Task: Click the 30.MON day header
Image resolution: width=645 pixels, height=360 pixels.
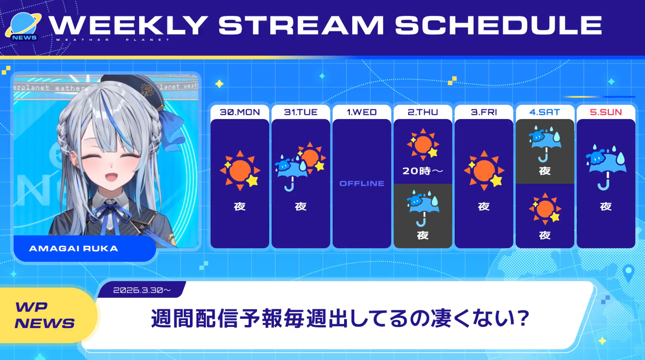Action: point(240,112)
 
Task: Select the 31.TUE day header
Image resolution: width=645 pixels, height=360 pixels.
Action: point(301,112)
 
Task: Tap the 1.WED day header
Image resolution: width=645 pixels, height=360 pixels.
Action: point(362,112)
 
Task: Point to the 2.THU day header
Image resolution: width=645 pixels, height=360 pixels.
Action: point(423,112)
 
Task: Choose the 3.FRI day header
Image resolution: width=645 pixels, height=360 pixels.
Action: point(484,112)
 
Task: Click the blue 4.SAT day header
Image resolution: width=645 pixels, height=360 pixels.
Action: point(544,112)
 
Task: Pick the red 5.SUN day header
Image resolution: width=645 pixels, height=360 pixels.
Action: point(606,112)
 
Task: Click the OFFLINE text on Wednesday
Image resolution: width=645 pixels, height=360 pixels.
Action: point(362,184)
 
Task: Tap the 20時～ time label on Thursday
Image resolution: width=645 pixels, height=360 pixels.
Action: point(423,171)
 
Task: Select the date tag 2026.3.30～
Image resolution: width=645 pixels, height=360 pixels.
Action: point(142,290)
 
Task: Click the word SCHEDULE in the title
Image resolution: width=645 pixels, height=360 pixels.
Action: point(499,25)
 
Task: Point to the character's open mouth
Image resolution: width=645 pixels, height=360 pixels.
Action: point(111,177)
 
